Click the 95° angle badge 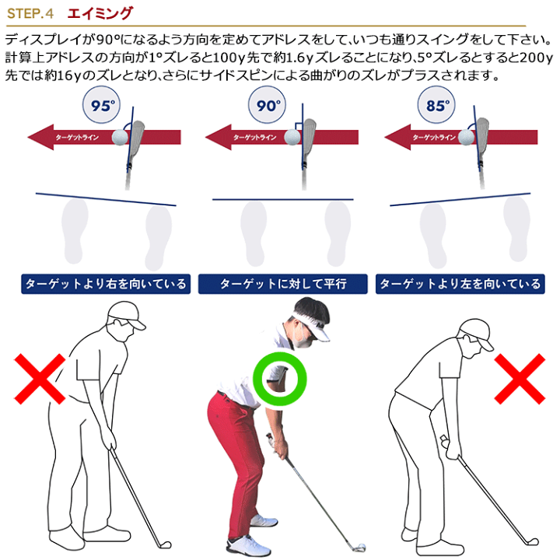coord(101,105)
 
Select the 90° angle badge coord(267,105)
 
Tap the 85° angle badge coord(436,105)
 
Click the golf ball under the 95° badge coord(120,137)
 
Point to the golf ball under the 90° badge coord(292,137)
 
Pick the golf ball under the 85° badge coord(466,137)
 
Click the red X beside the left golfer coord(40,379)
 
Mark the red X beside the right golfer coord(520,379)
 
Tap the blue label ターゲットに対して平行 coord(282,284)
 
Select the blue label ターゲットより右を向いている coord(106,284)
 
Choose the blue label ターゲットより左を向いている coord(460,284)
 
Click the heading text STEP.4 coord(30,13)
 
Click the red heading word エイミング coord(100,13)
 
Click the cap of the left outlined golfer coord(127,316)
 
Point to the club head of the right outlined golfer coord(532,542)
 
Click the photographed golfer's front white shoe coord(249,545)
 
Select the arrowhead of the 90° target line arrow coord(219,137)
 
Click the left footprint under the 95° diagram coord(75,231)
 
